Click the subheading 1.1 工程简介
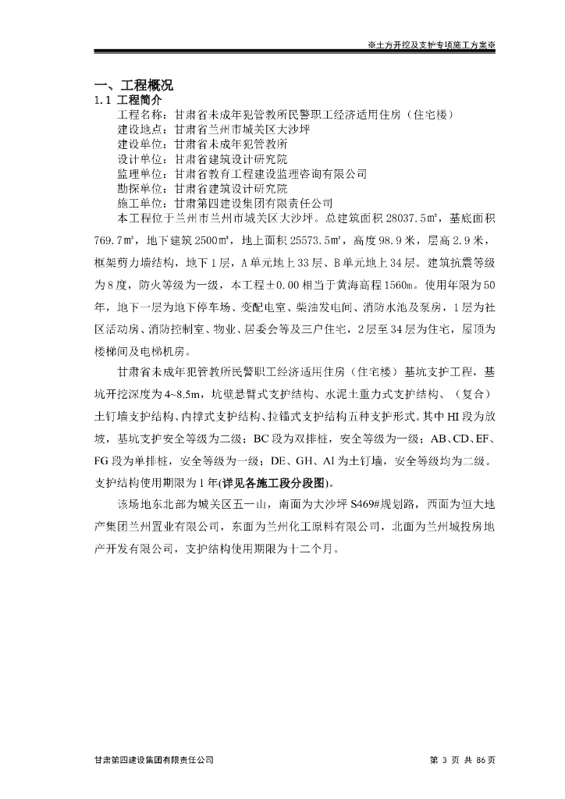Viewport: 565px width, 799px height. pyautogui.click(x=129, y=101)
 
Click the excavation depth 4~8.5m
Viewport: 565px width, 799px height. pyautogui.click(x=215, y=389)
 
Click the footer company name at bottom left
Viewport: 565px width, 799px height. pyautogui.click(x=153, y=759)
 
